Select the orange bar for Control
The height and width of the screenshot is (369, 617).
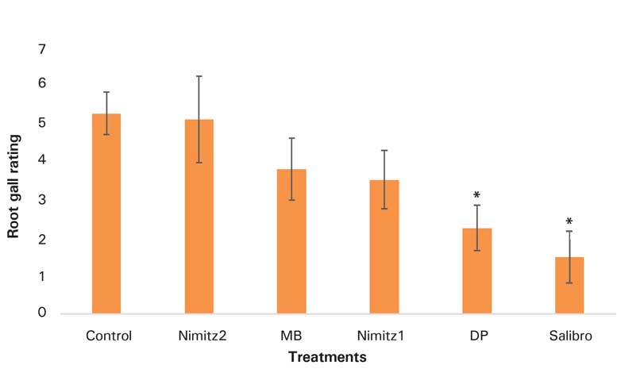point(106,214)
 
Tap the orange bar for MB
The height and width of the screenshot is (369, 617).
point(291,241)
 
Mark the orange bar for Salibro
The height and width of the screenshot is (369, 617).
point(569,285)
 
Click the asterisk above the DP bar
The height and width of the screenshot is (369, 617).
point(476,195)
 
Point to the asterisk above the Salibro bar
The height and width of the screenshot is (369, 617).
point(569,221)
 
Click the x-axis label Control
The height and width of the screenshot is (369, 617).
point(108,335)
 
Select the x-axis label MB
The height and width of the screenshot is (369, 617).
point(291,335)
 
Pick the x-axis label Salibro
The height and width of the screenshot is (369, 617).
point(570,335)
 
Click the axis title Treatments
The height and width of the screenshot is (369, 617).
point(327,357)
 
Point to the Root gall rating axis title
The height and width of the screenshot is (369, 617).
point(13,186)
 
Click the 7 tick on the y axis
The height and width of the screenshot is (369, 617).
point(42,50)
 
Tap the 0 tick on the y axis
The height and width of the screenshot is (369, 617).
point(42,313)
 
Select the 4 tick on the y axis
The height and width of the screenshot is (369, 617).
point(42,161)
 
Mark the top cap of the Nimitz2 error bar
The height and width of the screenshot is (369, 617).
point(199,76)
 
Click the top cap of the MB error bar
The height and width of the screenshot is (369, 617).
point(291,138)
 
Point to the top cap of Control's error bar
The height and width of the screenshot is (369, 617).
point(106,92)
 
